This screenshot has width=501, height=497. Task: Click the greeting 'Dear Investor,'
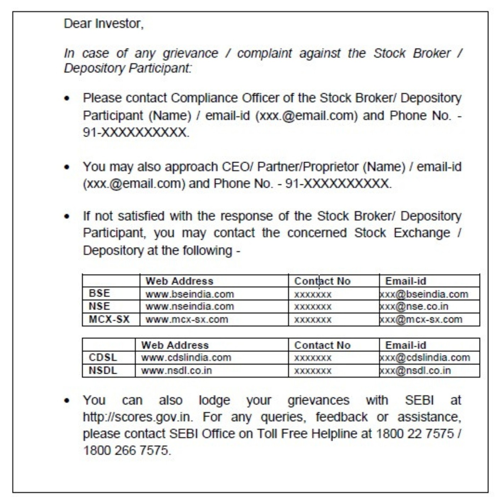(x=103, y=24)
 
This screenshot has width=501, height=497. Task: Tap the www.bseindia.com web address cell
(x=190, y=294)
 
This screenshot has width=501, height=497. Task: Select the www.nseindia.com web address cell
(x=190, y=306)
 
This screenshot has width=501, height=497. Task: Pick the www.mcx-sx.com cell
(x=187, y=319)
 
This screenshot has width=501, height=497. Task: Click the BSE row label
(x=100, y=293)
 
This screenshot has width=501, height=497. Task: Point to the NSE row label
(x=100, y=306)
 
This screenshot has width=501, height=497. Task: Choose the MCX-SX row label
(x=109, y=319)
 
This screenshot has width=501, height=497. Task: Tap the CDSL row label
(x=103, y=358)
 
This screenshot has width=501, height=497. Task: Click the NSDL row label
(x=103, y=371)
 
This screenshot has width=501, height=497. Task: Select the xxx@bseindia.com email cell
(x=424, y=294)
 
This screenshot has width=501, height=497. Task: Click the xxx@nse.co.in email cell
(x=414, y=306)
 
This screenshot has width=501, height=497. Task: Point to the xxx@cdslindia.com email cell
(x=425, y=358)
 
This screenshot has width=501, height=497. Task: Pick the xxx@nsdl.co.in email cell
(x=415, y=371)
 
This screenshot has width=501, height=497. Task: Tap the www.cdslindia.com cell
(x=186, y=358)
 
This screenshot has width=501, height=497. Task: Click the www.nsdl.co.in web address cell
(x=176, y=371)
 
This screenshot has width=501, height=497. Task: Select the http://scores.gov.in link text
(x=138, y=417)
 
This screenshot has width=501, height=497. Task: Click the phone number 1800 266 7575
(x=126, y=451)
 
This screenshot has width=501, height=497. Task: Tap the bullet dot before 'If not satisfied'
(x=67, y=216)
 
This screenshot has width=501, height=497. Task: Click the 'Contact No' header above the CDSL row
(x=322, y=345)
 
